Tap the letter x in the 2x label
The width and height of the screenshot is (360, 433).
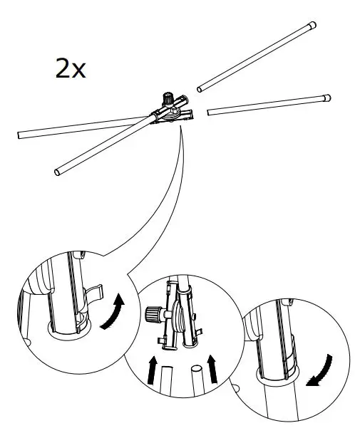click(x=78, y=71)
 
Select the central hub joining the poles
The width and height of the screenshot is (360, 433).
click(x=171, y=110)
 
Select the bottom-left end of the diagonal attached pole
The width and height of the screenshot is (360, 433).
click(x=58, y=171)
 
